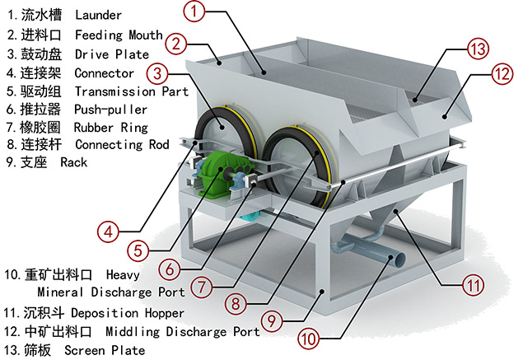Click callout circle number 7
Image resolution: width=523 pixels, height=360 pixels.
(200, 287)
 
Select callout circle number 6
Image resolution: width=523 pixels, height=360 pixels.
(169, 268)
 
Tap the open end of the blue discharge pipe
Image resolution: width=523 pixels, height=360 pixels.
(398, 260)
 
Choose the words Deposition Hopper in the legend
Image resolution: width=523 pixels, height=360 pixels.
(128, 313)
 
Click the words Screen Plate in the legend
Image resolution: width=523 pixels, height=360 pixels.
(104, 350)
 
